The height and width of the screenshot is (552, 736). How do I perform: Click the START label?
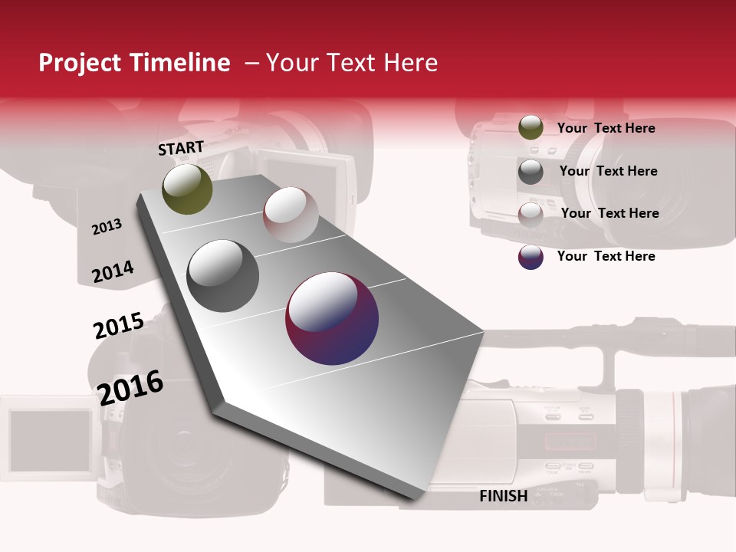point(181,148)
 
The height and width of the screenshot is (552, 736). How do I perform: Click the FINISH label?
point(503,496)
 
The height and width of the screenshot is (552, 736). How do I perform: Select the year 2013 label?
point(107,227)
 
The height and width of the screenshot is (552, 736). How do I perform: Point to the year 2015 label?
point(118,326)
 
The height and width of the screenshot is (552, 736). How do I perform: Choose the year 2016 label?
point(130,387)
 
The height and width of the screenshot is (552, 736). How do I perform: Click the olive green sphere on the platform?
point(187,189)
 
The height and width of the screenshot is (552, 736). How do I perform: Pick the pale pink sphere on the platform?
point(291,215)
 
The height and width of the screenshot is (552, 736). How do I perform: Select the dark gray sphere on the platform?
point(223,275)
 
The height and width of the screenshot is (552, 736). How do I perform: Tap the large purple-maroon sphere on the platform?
point(332,318)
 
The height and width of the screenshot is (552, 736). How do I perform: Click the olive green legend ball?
point(531,127)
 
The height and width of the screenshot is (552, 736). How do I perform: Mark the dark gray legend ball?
point(531,172)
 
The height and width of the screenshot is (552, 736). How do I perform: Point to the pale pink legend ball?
point(531,215)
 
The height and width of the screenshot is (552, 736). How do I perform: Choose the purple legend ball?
point(531,257)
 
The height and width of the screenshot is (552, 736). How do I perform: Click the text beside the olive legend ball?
point(606,128)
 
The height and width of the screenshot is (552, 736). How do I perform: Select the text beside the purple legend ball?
point(606,256)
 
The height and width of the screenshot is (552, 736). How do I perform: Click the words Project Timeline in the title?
point(134,63)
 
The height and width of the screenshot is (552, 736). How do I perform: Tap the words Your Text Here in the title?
point(351,63)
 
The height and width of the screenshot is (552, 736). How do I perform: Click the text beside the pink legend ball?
point(609,213)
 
